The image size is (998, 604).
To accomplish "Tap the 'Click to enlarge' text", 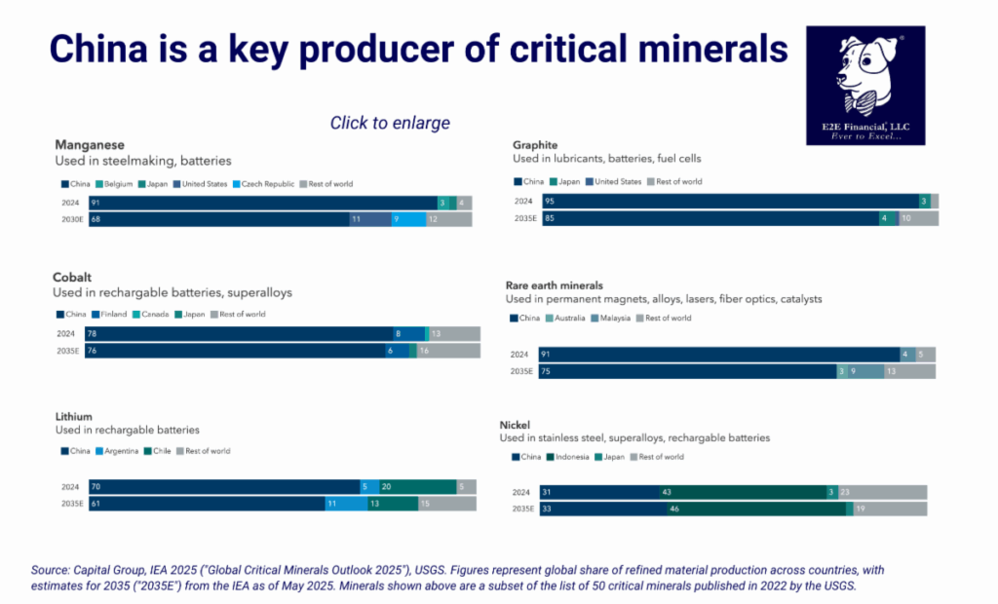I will pos(390,123).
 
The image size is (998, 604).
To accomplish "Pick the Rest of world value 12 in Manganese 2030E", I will pos(448,219).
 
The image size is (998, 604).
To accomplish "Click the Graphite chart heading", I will pos(535,143).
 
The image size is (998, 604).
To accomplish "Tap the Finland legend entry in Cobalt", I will pos(113,315).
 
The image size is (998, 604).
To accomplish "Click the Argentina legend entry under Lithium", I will pos(120,451).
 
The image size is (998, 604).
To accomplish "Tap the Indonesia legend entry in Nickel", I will pos(571,457).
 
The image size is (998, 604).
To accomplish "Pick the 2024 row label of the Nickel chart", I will pos(523,492).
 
